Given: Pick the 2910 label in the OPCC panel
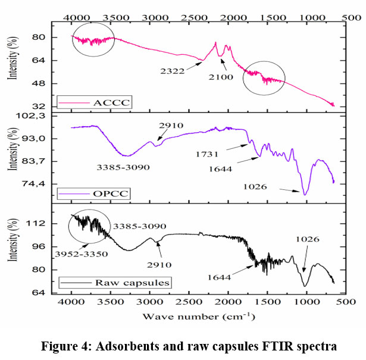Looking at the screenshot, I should [171, 126].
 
